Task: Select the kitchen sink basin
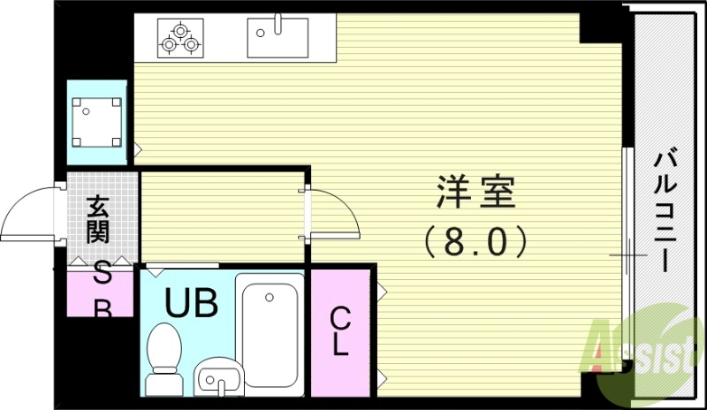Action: click(277, 38)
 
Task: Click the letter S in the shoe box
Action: click(102, 277)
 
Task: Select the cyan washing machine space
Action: click(97, 123)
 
